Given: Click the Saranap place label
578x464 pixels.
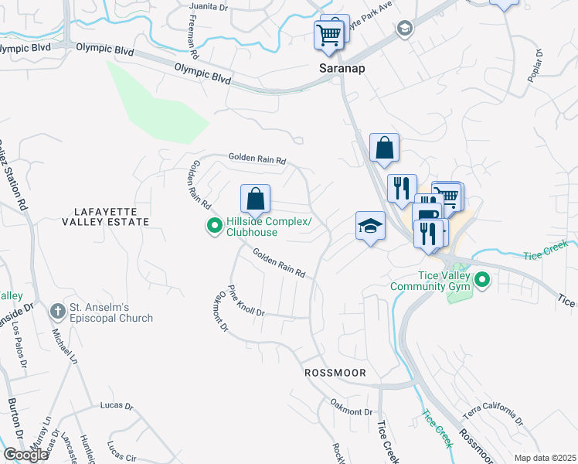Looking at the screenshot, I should [342, 68].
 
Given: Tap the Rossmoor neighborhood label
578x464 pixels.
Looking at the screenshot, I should [335, 372].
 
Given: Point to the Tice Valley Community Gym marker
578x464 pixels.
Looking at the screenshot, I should [483, 280].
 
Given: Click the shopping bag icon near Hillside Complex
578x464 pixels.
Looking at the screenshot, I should [255, 200].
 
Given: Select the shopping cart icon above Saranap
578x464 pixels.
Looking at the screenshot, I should [329, 34].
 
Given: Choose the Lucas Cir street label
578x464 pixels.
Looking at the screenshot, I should [121, 450].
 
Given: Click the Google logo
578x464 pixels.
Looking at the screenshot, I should [25, 455].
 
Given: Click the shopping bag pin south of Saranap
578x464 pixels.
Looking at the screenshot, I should [384, 147].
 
